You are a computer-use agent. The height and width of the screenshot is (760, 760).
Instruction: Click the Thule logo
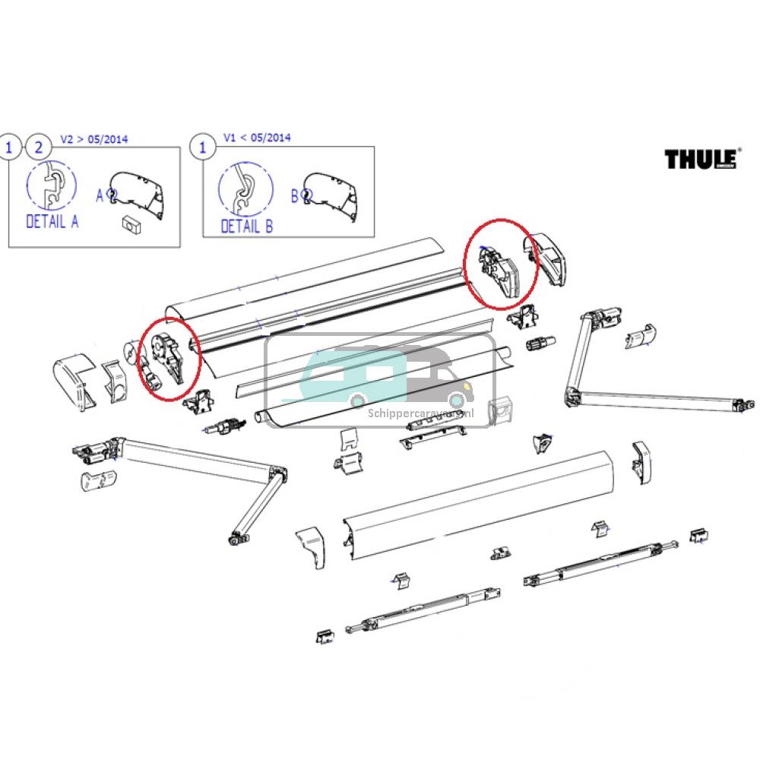click(x=699, y=159)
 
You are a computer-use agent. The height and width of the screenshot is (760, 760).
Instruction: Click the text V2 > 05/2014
click(x=94, y=139)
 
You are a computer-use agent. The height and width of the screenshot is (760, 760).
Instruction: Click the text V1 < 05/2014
click(x=256, y=138)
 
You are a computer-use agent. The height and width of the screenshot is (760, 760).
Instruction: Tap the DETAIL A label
click(x=52, y=222)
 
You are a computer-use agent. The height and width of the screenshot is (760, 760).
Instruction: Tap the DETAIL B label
click(x=246, y=226)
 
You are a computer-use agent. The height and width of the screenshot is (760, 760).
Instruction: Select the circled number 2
click(x=35, y=147)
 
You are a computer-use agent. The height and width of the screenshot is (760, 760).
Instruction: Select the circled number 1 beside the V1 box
click(x=202, y=147)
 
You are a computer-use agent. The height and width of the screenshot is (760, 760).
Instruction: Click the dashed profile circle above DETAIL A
click(x=52, y=187)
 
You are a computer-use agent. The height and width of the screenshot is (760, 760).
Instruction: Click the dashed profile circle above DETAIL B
click(x=245, y=190)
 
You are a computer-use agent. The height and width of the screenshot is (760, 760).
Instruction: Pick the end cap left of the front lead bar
click(x=312, y=545)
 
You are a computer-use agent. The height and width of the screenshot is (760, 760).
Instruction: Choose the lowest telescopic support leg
click(x=422, y=615)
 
